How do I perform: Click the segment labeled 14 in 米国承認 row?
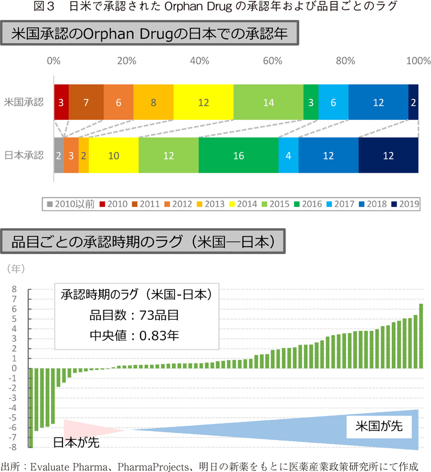[268, 102]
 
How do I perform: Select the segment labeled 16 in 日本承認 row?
[239, 155]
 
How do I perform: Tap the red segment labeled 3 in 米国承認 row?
[61, 102]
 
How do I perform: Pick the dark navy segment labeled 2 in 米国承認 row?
[413, 102]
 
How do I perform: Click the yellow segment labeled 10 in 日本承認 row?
[114, 155]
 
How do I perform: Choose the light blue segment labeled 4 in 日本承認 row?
[288, 155]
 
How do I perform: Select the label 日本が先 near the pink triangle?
[75, 443]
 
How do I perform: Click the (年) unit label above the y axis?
[15, 268]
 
